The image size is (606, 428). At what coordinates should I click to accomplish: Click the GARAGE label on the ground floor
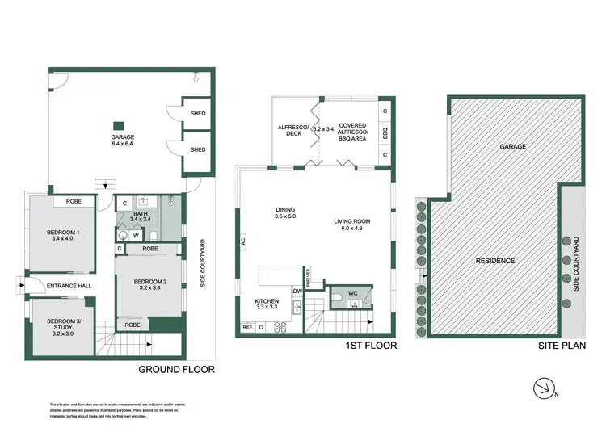(x=122, y=137)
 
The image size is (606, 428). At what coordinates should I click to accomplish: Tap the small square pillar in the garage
(x=118, y=125)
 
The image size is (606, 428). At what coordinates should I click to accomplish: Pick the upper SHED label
(x=197, y=114)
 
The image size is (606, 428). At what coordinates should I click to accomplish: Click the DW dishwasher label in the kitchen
(x=297, y=290)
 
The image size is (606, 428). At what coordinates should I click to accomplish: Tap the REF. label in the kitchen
(x=246, y=327)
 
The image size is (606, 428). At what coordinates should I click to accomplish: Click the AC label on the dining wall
(x=242, y=240)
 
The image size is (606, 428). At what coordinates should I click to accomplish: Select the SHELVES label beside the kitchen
(x=308, y=275)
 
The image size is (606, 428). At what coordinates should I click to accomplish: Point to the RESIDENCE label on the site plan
(x=496, y=261)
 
